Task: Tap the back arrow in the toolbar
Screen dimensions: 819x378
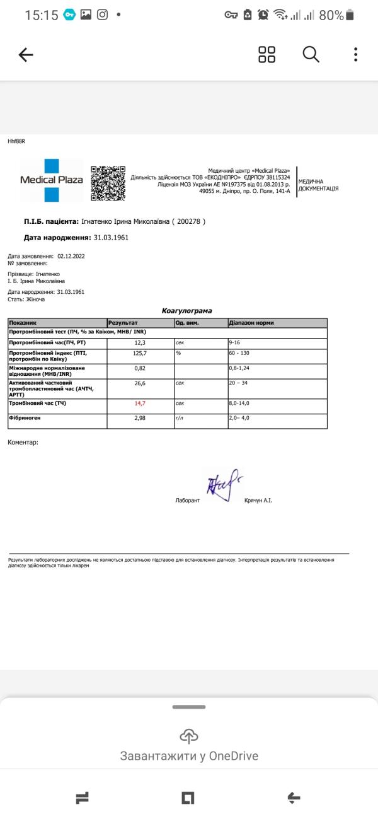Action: point(26,55)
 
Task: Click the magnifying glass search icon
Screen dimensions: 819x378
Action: point(311,54)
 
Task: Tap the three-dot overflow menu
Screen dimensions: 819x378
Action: point(356,54)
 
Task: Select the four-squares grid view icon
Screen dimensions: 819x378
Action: point(267,54)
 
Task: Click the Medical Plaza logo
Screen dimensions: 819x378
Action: point(51,180)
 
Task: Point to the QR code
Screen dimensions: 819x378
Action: point(108,183)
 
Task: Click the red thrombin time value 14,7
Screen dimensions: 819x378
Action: point(140,403)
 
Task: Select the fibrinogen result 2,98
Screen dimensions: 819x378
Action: point(140,418)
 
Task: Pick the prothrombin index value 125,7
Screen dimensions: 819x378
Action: point(140,353)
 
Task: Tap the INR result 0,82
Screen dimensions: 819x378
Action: point(140,368)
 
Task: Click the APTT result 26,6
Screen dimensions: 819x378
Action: point(140,383)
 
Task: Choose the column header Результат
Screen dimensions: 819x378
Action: point(123,323)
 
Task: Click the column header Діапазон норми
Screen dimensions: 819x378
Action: point(251,323)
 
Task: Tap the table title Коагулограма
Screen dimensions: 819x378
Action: point(187,311)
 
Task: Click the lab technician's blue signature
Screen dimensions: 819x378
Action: point(220,485)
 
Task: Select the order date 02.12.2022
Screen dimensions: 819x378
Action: point(71,257)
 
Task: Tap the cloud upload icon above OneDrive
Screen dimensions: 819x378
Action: point(189,735)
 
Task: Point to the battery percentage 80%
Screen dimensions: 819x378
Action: point(331,15)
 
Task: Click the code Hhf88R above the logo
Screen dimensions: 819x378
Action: point(16,141)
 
